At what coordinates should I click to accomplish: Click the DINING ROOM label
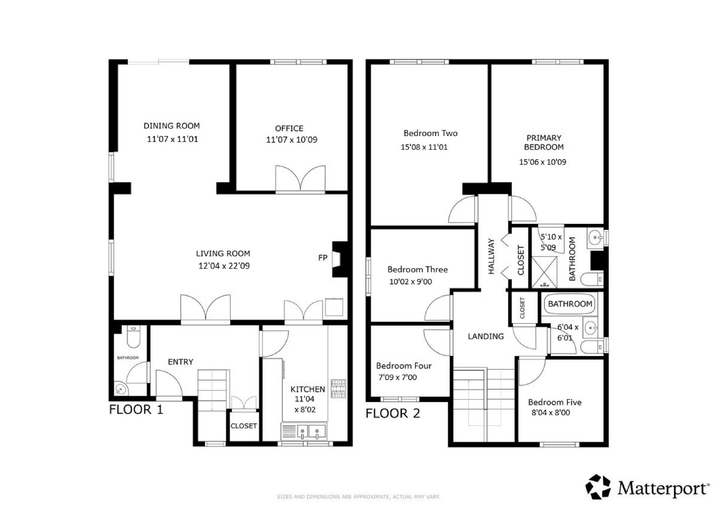pos(172,126)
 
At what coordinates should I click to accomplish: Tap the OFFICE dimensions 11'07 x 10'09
pos(291,140)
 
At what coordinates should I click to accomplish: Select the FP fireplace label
pos(323,258)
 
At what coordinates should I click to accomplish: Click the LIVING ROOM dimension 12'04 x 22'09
pos(224,266)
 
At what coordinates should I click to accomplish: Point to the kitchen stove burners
pos(338,389)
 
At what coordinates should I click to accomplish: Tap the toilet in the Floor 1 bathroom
pos(133,337)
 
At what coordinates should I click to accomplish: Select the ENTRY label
pos(180,362)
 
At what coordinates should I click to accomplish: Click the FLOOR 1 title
pos(136,410)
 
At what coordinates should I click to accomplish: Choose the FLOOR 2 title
pos(393,413)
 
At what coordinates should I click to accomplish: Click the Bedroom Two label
pos(430,133)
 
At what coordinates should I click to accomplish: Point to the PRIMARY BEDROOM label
pos(544,142)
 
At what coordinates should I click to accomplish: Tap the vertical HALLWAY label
pos(491,256)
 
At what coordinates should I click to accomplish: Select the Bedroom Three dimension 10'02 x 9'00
pos(411,282)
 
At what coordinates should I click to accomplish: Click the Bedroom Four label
pos(404,366)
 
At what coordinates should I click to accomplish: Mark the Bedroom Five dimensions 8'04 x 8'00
pos(551,412)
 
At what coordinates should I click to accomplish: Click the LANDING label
pos(486,336)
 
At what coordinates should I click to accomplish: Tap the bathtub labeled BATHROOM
pos(570,304)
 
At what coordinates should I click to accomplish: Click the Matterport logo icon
pos(599,487)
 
